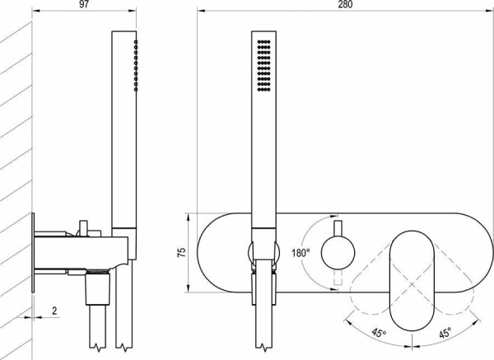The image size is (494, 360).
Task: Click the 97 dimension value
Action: click(84, 5)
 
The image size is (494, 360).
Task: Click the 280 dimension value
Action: click(346, 5)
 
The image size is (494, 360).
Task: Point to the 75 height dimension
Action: click(182, 253)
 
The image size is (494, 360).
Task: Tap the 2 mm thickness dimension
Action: click(54, 311)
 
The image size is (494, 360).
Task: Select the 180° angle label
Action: click(301, 253)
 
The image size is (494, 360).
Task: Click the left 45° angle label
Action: click(379, 333)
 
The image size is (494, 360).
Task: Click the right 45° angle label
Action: click(445, 333)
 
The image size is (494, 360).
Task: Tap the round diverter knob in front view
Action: click(338, 253)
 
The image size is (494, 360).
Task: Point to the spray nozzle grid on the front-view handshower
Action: click(264, 66)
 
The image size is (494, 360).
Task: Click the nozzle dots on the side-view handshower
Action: click(136, 66)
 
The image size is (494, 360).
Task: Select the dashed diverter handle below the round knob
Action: click(338, 278)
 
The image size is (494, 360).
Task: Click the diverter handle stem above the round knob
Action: click(338, 228)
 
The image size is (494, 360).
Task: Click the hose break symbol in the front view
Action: click(264, 347)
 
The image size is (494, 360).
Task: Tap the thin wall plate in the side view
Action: click(33, 253)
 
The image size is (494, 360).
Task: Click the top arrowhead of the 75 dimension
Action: click(188, 217)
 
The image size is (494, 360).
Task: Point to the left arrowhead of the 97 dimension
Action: click(36, 11)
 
